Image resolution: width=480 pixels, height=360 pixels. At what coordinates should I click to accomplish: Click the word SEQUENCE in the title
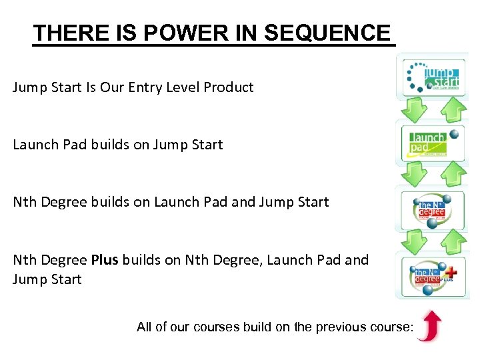tap(327, 33)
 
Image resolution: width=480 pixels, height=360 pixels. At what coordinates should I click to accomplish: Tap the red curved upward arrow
tap(429, 325)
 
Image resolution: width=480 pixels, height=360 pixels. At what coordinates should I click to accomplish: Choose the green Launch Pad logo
tap(433, 142)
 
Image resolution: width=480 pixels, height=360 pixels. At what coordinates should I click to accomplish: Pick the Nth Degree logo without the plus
tap(433, 207)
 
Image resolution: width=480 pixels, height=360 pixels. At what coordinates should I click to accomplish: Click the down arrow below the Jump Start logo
tap(415, 109)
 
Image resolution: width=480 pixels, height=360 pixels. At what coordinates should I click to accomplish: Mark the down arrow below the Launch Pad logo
tap(415, 174)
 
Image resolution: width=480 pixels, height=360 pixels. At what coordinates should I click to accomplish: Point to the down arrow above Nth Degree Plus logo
tap(415, 239)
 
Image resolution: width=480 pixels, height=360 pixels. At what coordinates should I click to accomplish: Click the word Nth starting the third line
tap(25, 202)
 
